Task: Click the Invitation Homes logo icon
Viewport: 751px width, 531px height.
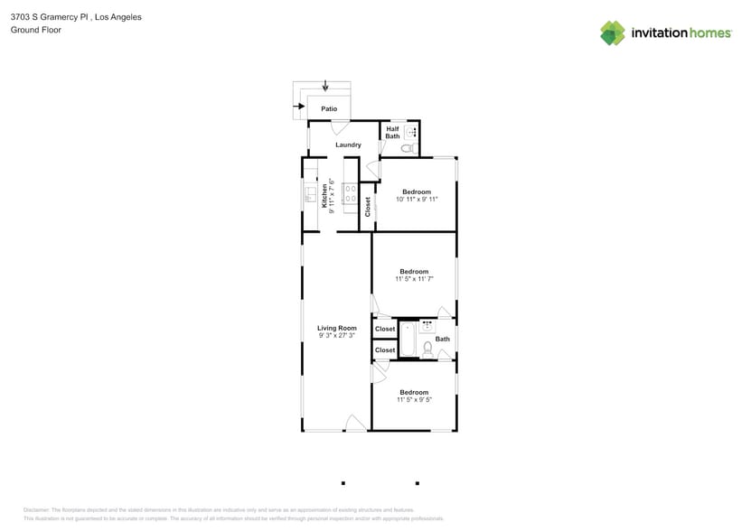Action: pos(613,33)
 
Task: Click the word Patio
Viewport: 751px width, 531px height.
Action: pos(329,108)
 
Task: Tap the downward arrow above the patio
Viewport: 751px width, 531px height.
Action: pos(325,86)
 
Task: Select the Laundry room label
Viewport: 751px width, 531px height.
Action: pos(348,144)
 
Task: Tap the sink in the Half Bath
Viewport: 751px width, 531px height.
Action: pos(410,132)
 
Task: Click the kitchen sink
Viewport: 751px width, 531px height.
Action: pos(308,193)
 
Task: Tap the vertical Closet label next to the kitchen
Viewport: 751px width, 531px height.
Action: pos(368,206)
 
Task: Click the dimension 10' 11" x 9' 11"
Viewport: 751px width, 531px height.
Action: pos(417,199)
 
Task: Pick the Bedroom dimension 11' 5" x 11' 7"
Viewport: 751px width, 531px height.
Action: pos(414,279)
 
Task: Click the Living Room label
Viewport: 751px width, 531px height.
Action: pos(336,328)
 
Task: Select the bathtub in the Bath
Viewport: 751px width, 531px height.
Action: pos(407,339)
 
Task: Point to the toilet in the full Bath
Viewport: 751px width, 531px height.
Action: pos(428,346)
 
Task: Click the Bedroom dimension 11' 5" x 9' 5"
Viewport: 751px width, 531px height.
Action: pos(414,399)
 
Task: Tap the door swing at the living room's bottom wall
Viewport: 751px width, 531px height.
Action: pos(355,422)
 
